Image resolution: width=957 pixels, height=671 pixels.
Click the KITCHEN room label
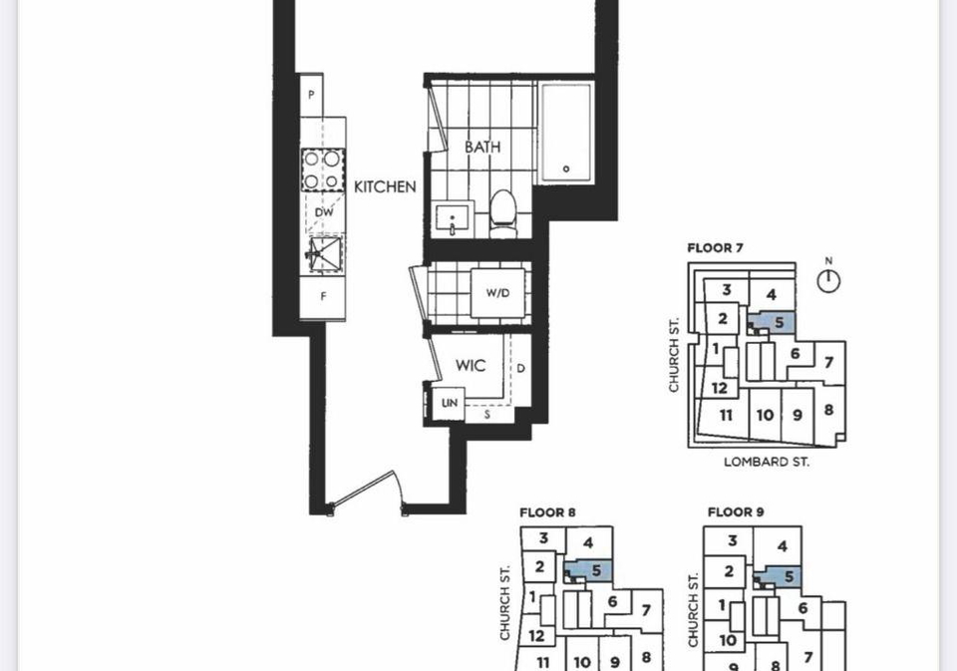[385, 186]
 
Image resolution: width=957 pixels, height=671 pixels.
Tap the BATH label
[482, 147]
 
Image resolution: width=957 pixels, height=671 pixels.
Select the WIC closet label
[471, 365]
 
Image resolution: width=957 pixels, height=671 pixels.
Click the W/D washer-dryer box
[497, 293]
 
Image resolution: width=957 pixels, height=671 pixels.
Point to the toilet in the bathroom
[503, 213]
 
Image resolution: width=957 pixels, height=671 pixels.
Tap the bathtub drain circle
[566, 169]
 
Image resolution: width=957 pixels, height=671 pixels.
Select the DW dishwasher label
[324, 212]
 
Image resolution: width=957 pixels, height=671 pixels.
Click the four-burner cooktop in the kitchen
[322, 170]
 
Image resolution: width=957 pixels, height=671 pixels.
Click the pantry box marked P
[311, 96]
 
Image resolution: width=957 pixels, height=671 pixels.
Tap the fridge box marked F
[323, 297]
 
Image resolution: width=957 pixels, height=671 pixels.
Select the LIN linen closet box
[450, 403]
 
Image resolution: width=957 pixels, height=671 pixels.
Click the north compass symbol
[828, 278]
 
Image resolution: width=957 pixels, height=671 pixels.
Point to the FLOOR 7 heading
[715, 248]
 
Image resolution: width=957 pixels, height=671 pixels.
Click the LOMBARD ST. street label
[767, 462]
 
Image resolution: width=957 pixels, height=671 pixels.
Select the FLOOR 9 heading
[736, 511]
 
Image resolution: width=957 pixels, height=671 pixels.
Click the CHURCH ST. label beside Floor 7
[673, 355]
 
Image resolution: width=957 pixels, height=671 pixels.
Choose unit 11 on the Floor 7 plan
[725, 415]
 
